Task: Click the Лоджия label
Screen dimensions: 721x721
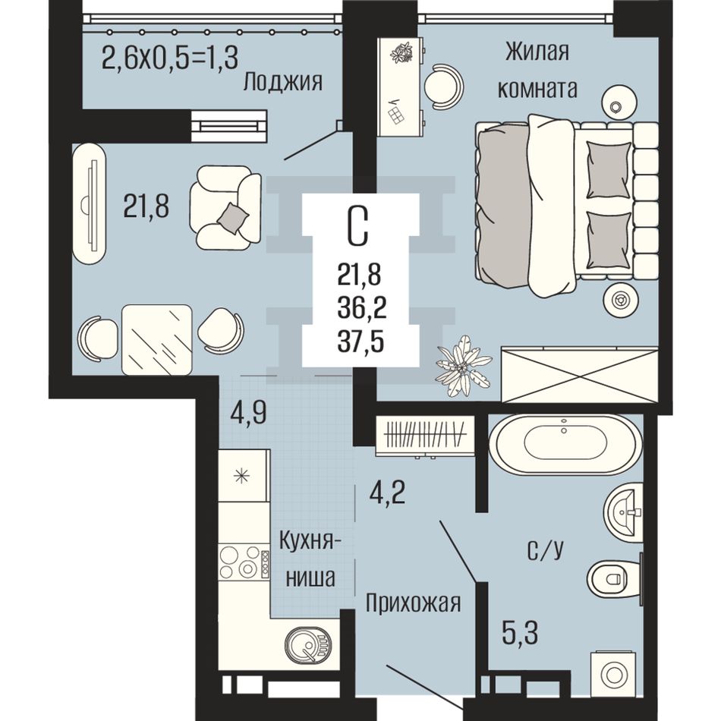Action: (283, 83)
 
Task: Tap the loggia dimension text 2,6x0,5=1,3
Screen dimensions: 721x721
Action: (169, 58)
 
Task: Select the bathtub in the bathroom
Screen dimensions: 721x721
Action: (565, 445)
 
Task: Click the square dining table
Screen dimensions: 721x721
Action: (156, 339)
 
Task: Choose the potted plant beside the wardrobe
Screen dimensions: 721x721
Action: (462, 366)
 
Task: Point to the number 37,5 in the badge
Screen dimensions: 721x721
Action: (360, 342)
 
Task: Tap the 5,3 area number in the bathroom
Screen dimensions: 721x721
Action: (519, 633)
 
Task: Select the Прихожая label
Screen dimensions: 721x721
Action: (413, 603)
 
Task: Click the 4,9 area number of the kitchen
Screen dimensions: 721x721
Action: (248, 414)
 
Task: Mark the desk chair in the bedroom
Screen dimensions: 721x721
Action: (440, 86)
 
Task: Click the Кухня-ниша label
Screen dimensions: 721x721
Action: (310, 559)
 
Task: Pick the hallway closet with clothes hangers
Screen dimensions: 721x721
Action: (425, 436)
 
